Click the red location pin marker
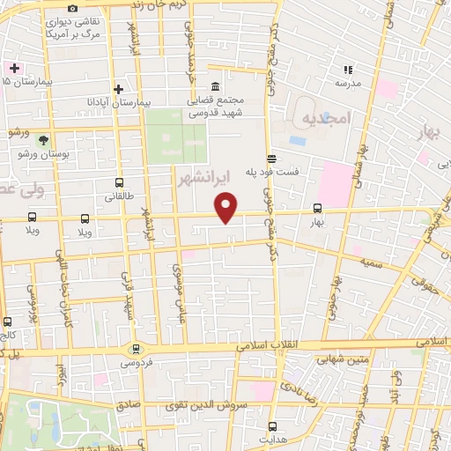click(227, 207)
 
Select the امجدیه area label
click(326, 117)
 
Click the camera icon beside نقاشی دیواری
click(73, 8)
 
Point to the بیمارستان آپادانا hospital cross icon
click(119, 89)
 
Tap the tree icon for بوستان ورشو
click(43, 138)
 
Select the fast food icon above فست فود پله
click(271, 159)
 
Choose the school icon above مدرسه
click(348, 69)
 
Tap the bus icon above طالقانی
click(119, 184)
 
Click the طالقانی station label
click(119, 198)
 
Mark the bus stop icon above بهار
click(317, 209)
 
